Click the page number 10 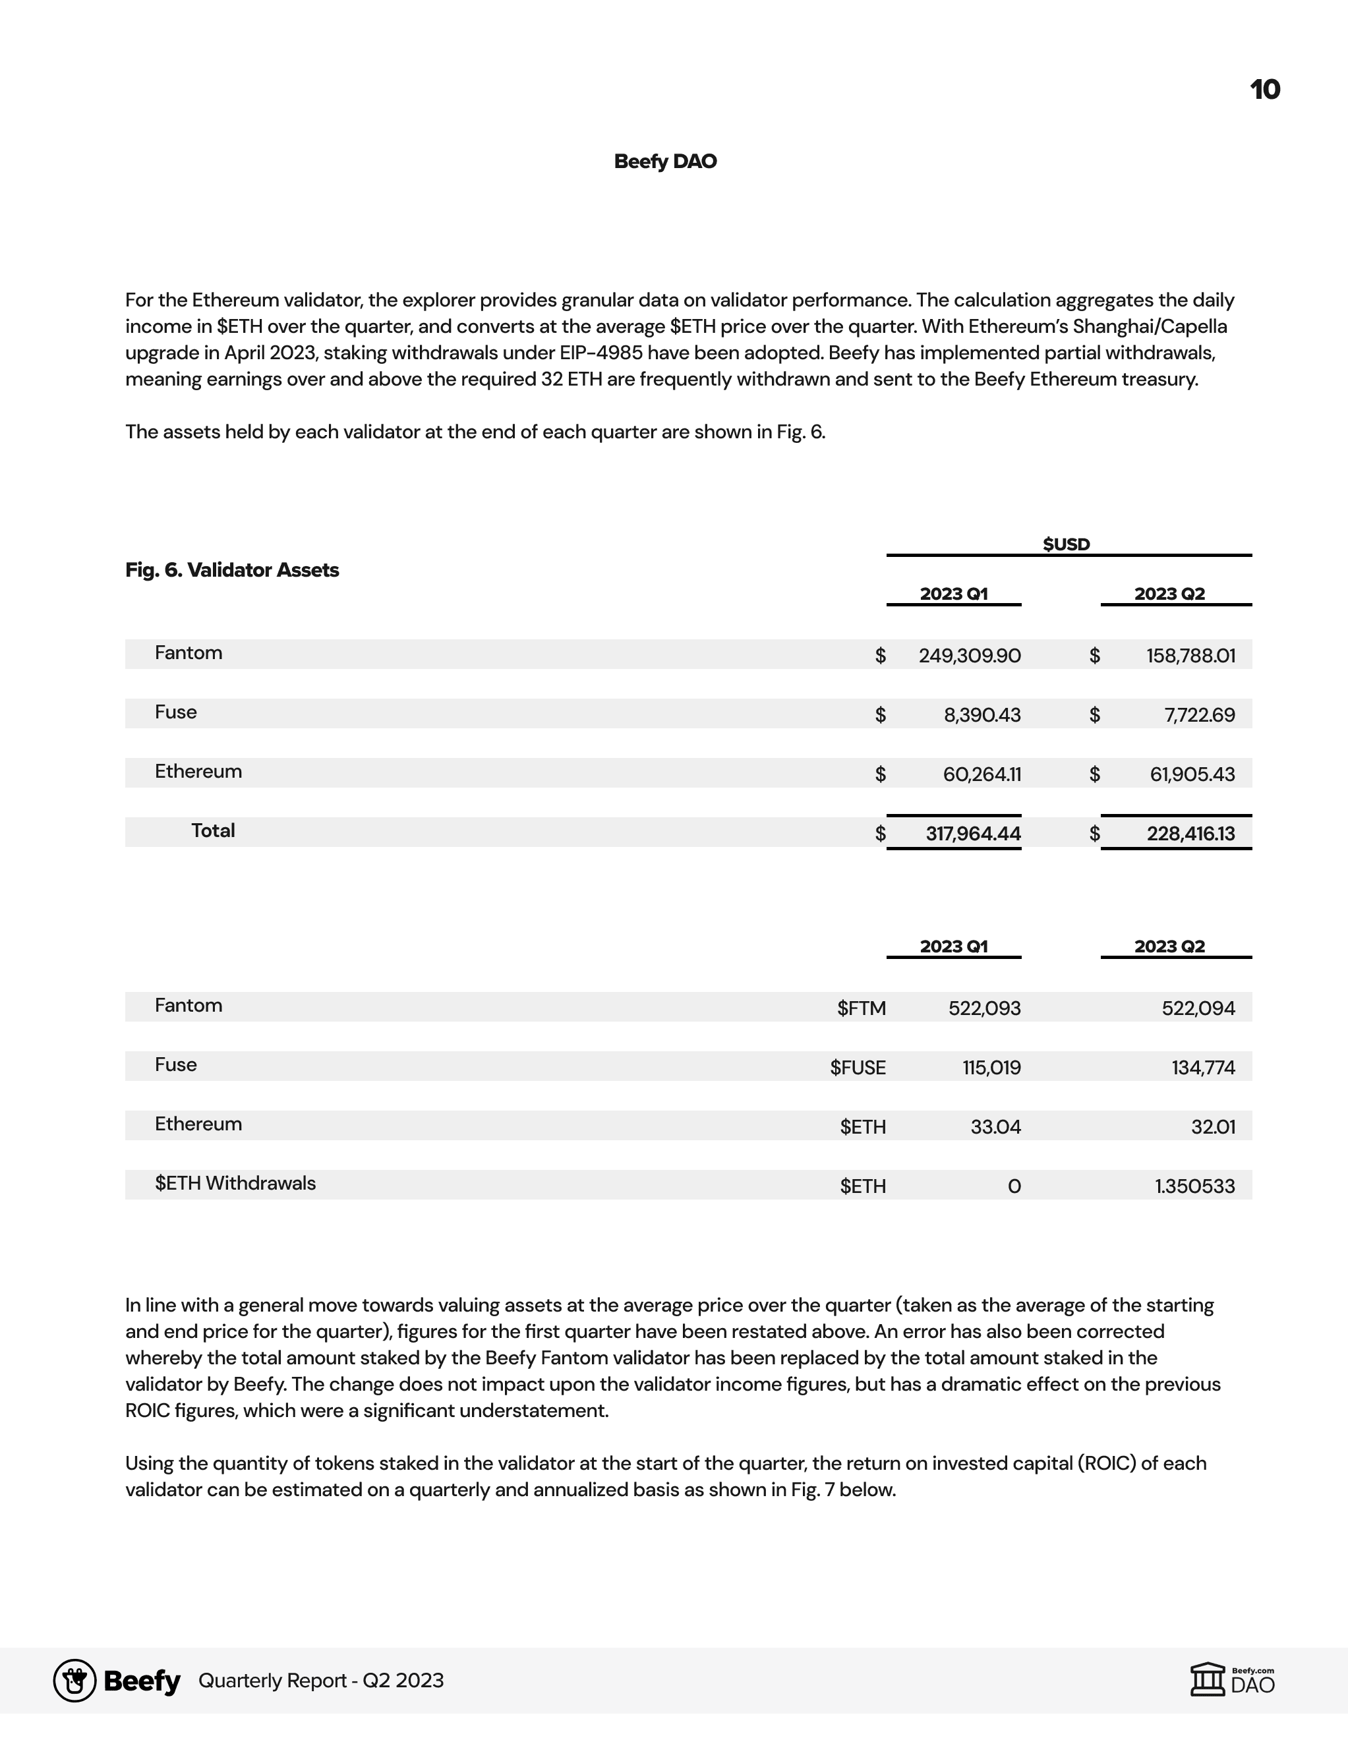click(x=1264, y=89)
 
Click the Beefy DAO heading click(x=665, y=161)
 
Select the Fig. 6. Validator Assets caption click(x=232, y=569)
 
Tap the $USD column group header click(x=1066, y=544)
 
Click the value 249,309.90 click(x=969, y=656)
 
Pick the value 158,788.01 click(x=1190, y=656)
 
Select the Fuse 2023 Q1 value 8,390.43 click(x=982, y=714)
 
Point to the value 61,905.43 click(x=1192, y=774)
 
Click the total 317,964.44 click(x=973, y=833)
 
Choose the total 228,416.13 click(x=1190, y=833)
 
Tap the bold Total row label click(x=213, y=830)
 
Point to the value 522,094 click(x=1198, y=1008)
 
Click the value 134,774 click(x=1203, y=1068)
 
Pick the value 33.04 click(x=995, y=1127)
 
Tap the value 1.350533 click(x=1194, y=1186)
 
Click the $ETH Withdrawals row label click(x=235, y=1183)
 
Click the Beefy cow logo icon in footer click(x=75, y=1680)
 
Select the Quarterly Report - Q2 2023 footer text click(x=320, y=1680)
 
